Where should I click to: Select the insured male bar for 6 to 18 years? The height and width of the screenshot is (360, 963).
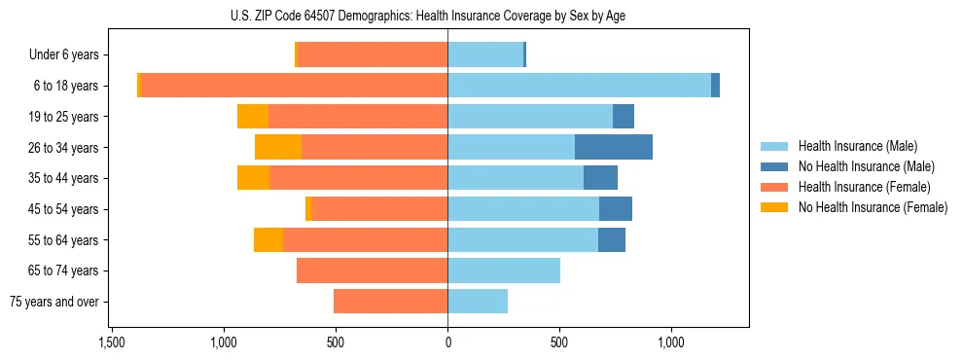pyautogui.click(x=579, y=86)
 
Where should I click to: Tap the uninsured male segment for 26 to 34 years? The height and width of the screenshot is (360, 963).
pyautogui.click(x=614, y=147)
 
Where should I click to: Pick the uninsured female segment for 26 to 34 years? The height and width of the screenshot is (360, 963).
pyautogui.click(x=278, y=147)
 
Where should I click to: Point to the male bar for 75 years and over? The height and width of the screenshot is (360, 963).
pyautogui.click(x=478, y=302)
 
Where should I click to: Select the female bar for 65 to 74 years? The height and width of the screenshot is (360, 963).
pyautogui.click(x=373, y=270)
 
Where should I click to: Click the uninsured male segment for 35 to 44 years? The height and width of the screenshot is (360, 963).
pyautogui.click(x=600, y=178)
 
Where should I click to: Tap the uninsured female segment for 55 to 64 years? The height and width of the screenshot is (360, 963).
pyautogui.click(x=268, y=239)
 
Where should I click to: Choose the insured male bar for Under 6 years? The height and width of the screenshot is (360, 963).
pyautogui.click(x=485, y=54)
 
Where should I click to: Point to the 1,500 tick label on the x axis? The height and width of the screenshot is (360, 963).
pyautogui.click(x=112, y=343)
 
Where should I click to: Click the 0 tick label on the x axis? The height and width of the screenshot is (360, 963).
pyautogui.click(x=447, y=343)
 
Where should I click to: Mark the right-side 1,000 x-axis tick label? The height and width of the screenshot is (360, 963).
pyautogui.click(x=671, y=343)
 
